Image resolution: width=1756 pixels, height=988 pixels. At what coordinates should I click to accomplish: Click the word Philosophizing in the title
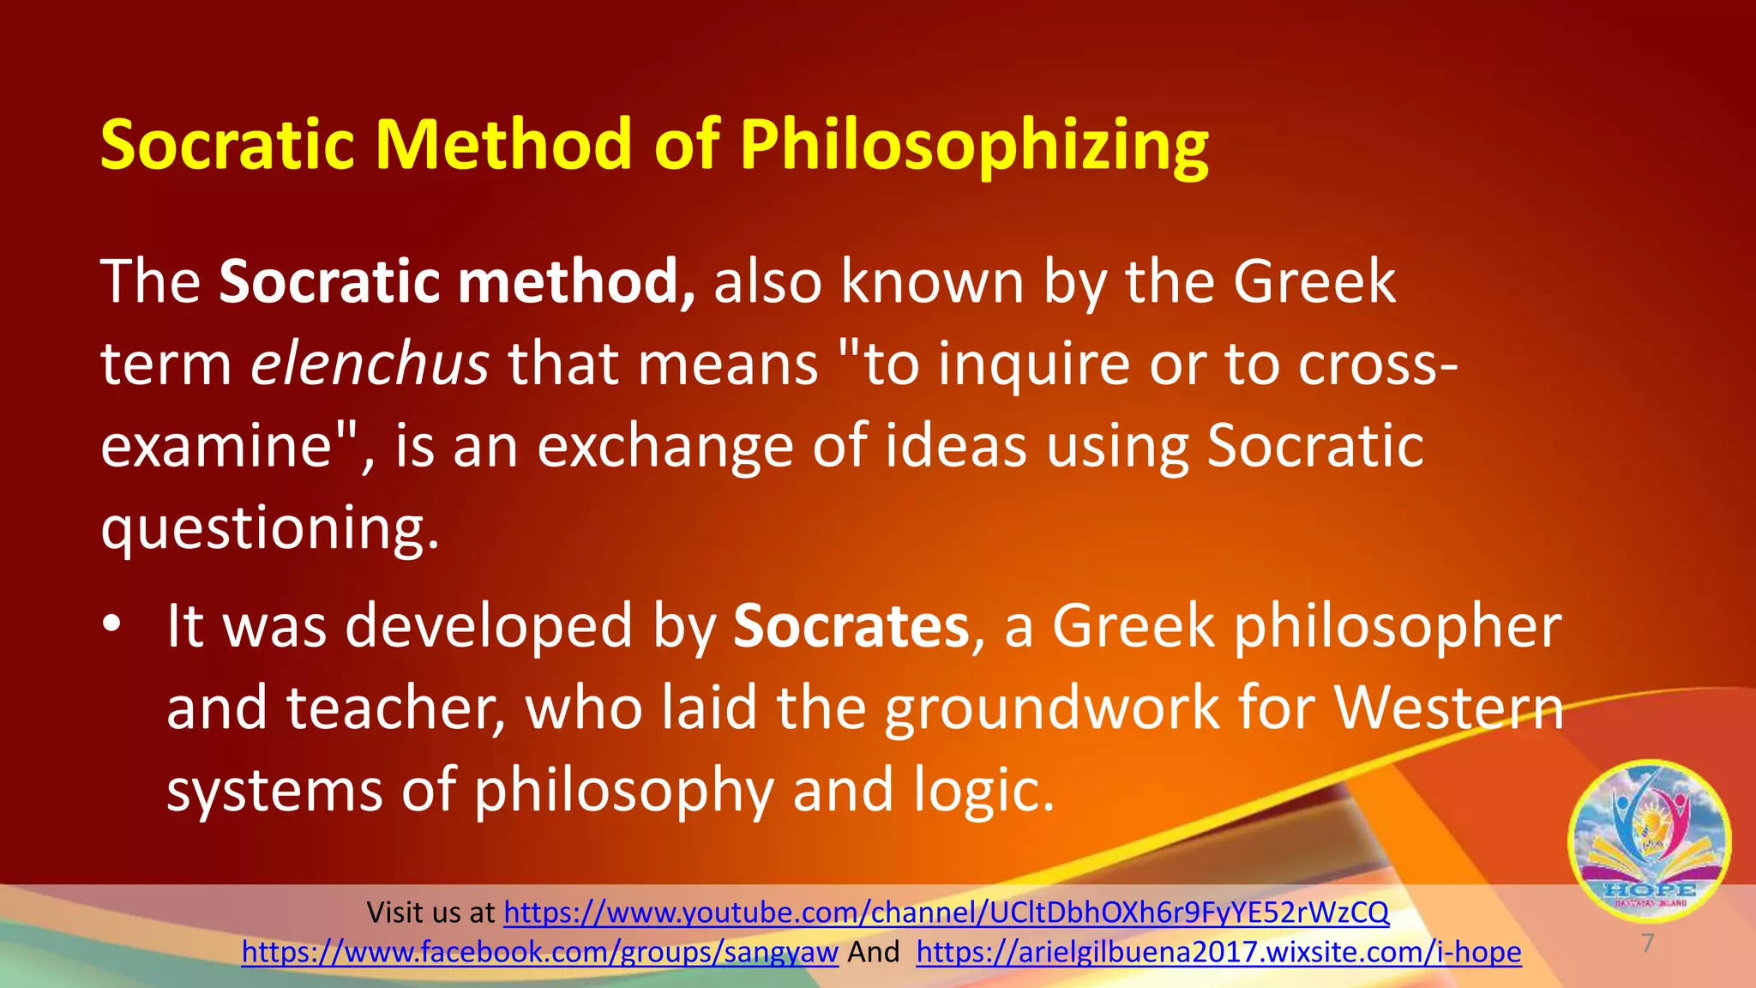[x=974, y=146]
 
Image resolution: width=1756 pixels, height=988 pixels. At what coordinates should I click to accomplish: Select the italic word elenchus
[x=370, y=364]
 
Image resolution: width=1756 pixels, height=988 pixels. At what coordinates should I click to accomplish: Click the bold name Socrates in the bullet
[x=851, y=626]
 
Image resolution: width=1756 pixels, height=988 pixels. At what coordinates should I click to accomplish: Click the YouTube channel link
[x=946, y=913]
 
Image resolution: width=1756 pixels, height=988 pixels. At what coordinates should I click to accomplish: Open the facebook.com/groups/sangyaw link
[x=539, y=952]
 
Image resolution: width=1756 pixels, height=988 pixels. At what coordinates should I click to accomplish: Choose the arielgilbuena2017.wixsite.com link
[x=1218, y=952]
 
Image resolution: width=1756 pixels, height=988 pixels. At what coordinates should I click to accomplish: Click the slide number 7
[x=1647, y=943]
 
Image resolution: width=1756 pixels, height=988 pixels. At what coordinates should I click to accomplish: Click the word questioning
[x=270, y=528]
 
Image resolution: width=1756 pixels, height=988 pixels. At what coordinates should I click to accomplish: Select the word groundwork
[x=1051, y=708]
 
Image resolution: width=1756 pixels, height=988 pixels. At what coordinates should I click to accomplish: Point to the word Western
[x=1449, y=708]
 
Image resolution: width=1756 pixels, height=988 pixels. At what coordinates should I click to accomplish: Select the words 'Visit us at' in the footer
[x=430, y=913]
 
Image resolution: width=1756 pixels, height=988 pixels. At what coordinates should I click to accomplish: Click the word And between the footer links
[x=873, y=952]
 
